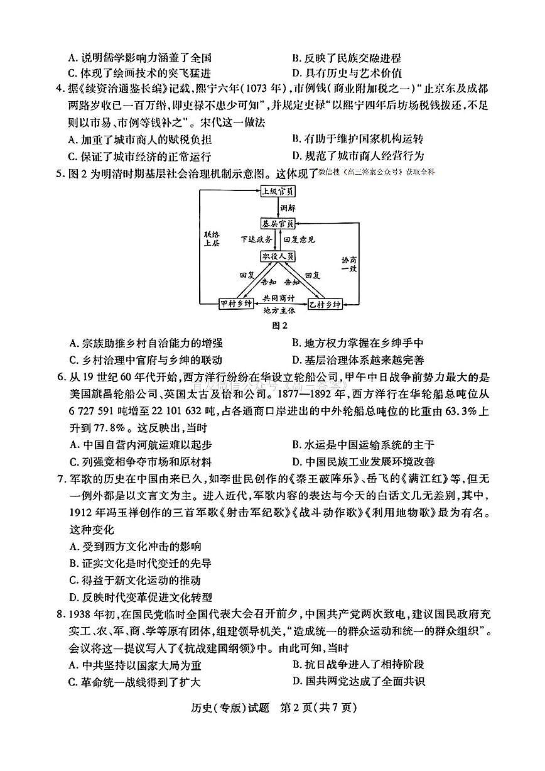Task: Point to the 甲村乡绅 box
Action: [236, 303]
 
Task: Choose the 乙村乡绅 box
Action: [324, 303]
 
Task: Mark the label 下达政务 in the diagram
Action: [256, 239]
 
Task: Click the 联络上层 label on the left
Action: [212, 239]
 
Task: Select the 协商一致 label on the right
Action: [349, 264]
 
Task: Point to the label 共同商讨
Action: [279, 298]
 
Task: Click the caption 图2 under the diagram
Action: [279, 325]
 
